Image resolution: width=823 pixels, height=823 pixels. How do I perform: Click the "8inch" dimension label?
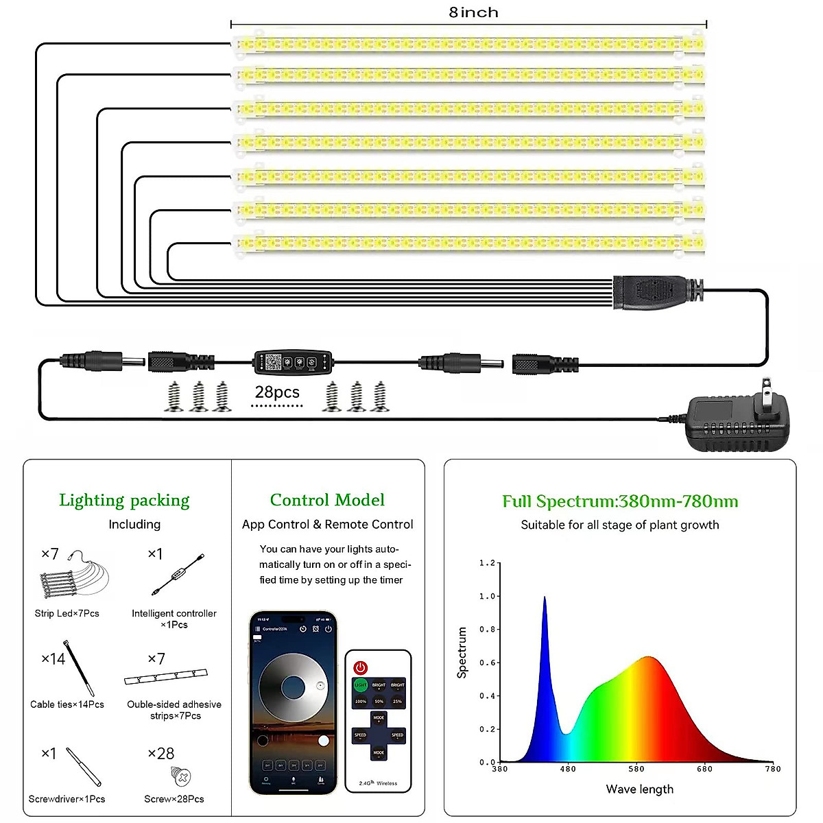473,12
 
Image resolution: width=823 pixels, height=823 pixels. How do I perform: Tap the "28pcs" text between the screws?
277,392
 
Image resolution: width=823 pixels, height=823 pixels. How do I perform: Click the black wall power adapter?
737,420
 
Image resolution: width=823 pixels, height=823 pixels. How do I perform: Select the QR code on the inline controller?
273,361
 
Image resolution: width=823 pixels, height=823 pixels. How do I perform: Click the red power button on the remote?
361,667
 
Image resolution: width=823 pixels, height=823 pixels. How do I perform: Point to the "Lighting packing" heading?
124,500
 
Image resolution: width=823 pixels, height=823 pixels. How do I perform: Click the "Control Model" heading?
327,500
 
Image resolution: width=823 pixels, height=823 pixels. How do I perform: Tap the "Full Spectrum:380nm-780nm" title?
620,501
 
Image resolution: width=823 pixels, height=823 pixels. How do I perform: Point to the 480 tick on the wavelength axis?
568,769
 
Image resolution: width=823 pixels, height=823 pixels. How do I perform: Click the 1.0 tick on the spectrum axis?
487,596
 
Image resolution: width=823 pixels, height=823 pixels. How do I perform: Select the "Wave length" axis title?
639,789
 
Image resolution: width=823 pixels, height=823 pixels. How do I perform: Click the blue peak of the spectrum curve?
545,599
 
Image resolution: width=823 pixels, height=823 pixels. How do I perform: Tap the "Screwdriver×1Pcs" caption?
67,799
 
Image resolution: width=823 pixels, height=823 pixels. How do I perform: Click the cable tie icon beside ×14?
80,667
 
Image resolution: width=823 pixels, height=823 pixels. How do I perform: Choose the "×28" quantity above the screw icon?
161,754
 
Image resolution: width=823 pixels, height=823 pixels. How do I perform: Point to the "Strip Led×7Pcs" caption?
67,613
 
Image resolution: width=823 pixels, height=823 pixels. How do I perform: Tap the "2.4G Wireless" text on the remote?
378,783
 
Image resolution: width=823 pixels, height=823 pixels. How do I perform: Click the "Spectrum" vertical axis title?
462,652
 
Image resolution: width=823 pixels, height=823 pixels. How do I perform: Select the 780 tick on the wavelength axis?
773,769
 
